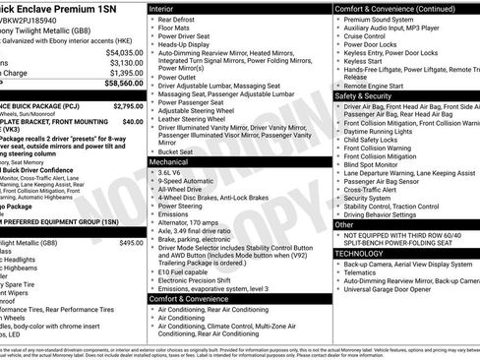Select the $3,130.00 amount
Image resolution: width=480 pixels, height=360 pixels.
pos(125,62)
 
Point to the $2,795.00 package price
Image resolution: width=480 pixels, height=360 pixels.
pos(129,105)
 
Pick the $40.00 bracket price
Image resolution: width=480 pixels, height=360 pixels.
pos(134,121)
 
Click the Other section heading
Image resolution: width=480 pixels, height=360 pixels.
pos(345,224)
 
